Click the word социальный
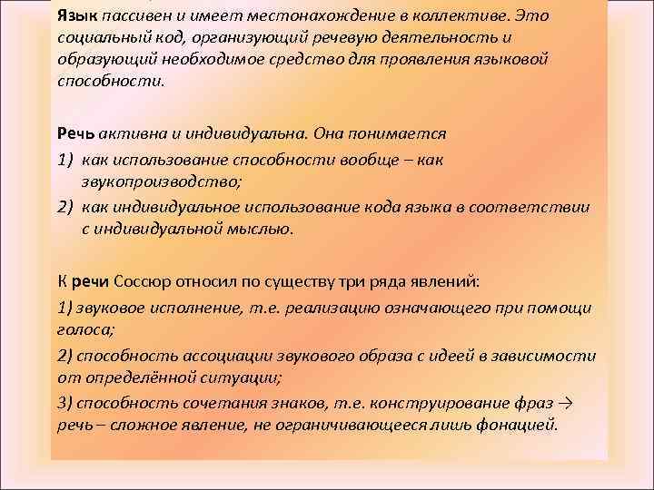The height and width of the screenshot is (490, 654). tap(96, 38)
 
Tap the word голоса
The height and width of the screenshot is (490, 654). tap(81, 331)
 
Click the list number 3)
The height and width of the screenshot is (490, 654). tap(65, 402)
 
